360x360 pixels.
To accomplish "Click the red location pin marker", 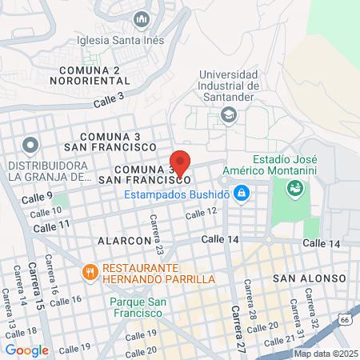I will pyautogui.click(x=180, y=163).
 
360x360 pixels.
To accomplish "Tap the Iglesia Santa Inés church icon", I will pyautogui.click(x=142, y=18).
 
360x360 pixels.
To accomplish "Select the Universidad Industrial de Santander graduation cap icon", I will pyautogui.click(x=229, y=114).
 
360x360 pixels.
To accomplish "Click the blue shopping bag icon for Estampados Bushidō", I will pyautogui.click(x=242, y=194).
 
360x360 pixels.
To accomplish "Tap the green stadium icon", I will pyautogui.click(x=294, y=189).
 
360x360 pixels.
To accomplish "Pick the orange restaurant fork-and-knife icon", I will pyautogui.click(x=89, y=272).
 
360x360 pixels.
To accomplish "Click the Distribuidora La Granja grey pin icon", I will pyautogui.click(x=30, y=146).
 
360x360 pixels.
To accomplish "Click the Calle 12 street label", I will pyautogui.click(x=201, y=212).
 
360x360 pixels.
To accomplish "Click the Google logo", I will pyautogui.click(x=27, y=350).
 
